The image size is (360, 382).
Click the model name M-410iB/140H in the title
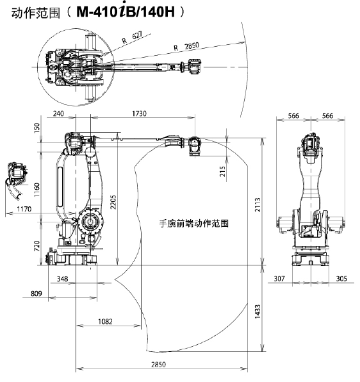[126, 12]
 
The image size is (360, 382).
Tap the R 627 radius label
[132, 37]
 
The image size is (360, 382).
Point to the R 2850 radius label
[186, 47]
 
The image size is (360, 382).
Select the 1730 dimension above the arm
[139, 113]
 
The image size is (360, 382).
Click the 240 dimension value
[58, 113]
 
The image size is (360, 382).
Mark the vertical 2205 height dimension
[113, 202]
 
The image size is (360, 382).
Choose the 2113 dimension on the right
[258, 204]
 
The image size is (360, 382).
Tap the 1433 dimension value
[258, 311]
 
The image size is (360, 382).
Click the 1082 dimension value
[105, 322]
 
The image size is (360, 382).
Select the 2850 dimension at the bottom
[158, 365]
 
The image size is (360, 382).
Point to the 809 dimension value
[37, 294]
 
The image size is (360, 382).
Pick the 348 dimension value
[62, 279]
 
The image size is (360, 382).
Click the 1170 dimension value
[24, 209]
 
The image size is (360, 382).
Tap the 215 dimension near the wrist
[222, 171]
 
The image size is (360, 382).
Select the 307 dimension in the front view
[279, 278]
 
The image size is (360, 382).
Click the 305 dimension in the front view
[341, 278]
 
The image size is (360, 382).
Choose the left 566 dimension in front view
[293, 115]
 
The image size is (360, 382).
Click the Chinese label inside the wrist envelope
[193, 223]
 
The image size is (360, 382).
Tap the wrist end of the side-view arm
[194, 146]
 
